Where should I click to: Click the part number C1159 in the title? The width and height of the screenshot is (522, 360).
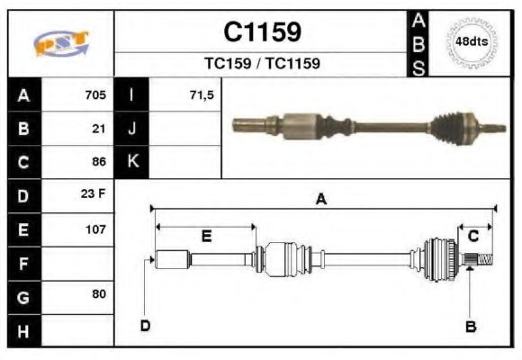pyautogui.click(x=262, y=32)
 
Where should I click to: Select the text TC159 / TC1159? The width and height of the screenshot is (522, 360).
pyautogui.click(x=262, y=64)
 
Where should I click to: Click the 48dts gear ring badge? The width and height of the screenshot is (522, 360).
pyautogui.click(x=472, y=42)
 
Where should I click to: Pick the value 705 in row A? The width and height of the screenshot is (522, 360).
pyautogui.click(x=95, y=94)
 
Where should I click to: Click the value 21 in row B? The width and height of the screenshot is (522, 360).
pyautogui.click(x=99, y=129)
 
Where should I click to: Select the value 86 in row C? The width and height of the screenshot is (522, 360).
pyautogui.click(x=99, y=163)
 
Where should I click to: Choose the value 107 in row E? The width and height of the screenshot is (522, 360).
pyautogui.click(x=95, y=229)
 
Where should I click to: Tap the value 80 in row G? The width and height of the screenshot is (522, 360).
pyautogui.click(x=99, y=294)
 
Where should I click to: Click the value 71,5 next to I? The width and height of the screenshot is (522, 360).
pyautogui.click(x=202, y=94)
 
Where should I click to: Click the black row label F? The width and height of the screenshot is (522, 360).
pyautogui.click(x=23, y=263)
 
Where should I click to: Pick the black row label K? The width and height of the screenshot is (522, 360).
pyautogui.click(x=132, y=162)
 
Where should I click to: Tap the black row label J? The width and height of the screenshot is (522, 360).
pyautogui.click(x=132, y=129)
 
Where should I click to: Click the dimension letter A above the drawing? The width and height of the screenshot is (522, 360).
pyautogui.click(x=321, y=200)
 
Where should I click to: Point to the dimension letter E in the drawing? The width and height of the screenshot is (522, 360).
pyautogui.click(x=206, y=237)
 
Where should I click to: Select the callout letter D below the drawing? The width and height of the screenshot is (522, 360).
pyautogui.click(x=145, y=325)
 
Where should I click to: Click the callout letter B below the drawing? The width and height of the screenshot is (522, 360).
pyautogui.click(x=470, y=326)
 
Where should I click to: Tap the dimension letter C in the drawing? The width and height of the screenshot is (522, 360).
pyautogui.click(x=473, y=236)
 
